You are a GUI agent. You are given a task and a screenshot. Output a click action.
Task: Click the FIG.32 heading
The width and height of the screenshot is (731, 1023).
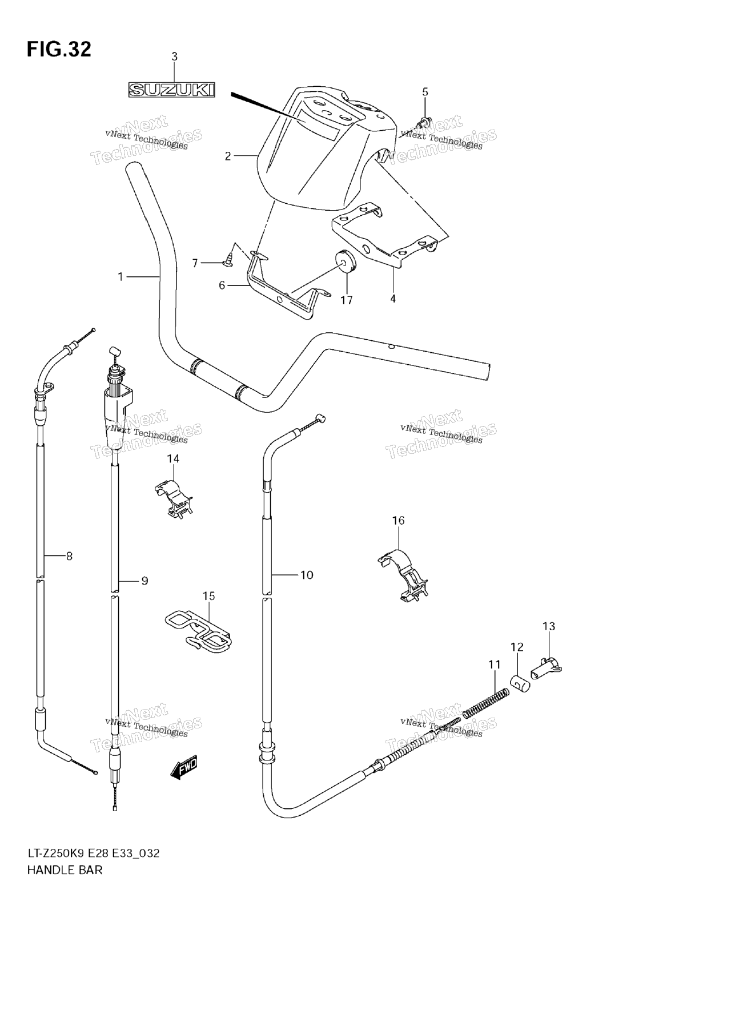[59, 50]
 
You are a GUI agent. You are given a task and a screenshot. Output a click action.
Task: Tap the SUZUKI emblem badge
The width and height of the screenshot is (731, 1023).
[171, 89]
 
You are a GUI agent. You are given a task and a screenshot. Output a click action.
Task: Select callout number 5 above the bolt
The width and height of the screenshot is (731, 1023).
[425, 92]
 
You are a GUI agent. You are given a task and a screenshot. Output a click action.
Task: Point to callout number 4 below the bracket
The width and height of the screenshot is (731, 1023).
[393, 298]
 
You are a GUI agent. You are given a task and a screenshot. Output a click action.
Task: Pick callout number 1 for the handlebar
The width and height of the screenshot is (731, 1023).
[121, 277]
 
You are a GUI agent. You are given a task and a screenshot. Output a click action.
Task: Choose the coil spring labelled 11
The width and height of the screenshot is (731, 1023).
[485, 703]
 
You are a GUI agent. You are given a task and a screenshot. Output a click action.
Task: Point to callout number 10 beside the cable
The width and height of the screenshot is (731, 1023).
[307, 575]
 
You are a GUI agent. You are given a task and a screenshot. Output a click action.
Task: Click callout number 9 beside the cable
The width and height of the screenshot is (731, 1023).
[144, 581]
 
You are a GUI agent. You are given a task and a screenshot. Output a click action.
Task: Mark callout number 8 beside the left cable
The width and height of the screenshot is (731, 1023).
[69, 555]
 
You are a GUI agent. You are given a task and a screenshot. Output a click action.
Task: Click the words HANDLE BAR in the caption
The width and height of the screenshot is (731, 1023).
[65, 871]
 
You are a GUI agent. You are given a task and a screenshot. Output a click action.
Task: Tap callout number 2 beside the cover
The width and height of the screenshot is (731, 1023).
[228, 156]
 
